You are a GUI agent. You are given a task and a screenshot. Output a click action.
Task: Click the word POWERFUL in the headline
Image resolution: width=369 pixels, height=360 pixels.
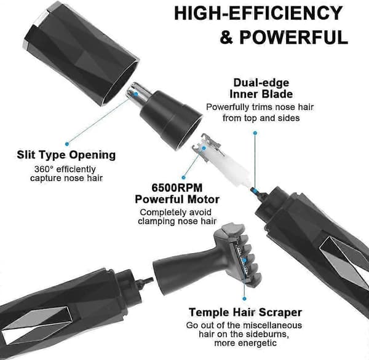(x=293, y=37)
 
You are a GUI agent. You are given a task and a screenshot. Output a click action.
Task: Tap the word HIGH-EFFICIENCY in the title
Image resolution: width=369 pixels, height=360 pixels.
(x=258, y=13)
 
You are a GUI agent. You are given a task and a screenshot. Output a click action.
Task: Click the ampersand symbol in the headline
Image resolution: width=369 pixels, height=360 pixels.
(x=226, y=37)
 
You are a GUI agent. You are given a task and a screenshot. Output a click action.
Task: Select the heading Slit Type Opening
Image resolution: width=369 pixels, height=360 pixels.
(x=66, y=155)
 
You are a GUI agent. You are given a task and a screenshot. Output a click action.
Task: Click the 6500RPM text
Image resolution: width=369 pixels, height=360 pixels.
(x=177, y=187)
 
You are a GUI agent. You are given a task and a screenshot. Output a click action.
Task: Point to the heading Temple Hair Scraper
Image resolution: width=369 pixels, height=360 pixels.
(x=245, y=312)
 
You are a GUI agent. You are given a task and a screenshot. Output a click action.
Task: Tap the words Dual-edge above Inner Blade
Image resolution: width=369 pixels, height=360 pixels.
(x=261, y=83)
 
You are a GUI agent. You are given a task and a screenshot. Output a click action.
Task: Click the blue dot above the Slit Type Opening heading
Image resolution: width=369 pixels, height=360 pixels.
(x=67, y=144)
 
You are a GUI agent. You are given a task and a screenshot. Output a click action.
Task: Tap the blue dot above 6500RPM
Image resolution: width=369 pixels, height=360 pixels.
(x=184, y=178)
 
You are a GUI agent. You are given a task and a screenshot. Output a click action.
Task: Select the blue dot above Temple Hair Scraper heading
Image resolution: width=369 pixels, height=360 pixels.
(x=244, y=299)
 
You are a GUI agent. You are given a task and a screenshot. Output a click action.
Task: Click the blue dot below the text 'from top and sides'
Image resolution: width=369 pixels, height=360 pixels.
(x=255, y=133)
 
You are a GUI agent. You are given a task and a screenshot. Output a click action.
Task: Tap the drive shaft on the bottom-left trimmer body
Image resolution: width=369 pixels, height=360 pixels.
(x=145, y=281)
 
